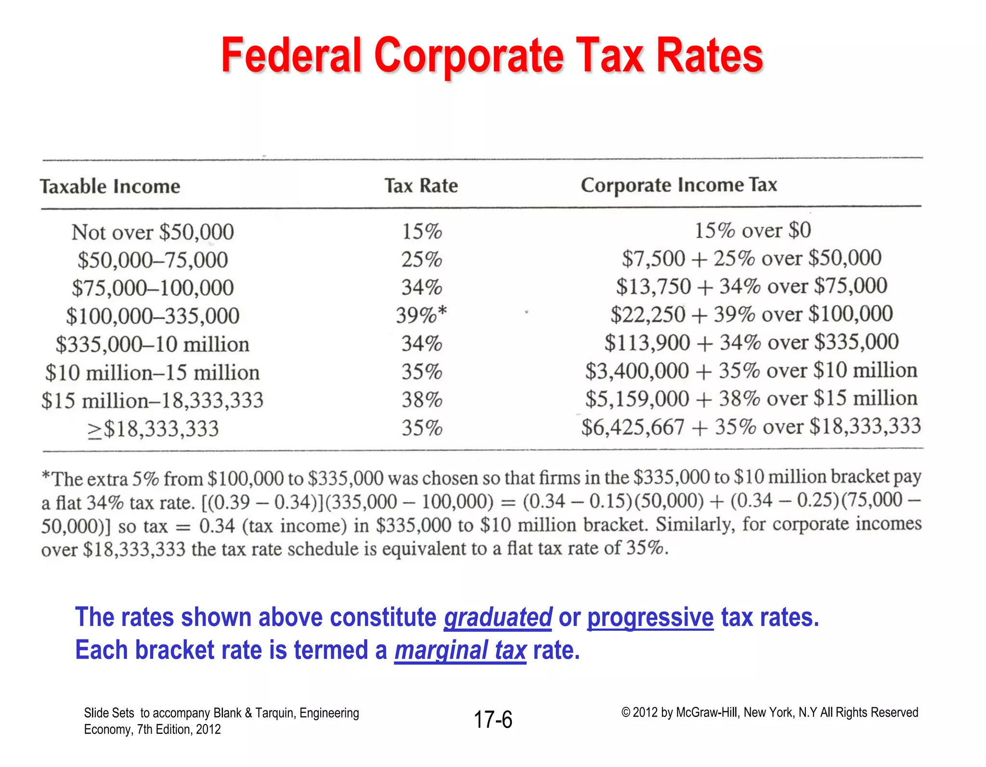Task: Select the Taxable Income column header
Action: pos(110,187)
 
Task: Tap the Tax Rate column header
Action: pos(421,186)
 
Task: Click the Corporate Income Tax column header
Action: pos(678,185)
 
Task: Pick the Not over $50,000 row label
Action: pos(153,233)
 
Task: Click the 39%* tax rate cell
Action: pos(421,315)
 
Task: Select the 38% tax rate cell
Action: pos(422,400)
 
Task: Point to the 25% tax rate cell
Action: pos(422,260)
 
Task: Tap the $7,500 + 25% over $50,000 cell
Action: pos(751,259)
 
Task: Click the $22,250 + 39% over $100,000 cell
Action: pos(751,314)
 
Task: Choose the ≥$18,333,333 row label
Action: pos(153,429)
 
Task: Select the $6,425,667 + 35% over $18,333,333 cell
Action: pos(751,427)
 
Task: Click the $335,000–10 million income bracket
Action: pos(153,344)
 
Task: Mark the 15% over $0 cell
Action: pos(752,231)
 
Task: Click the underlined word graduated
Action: pos(498,618)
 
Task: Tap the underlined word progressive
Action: pos(650,618)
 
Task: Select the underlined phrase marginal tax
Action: pos(460,650)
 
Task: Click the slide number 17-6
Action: pos(493,720)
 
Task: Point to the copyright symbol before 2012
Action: pos(625,713)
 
